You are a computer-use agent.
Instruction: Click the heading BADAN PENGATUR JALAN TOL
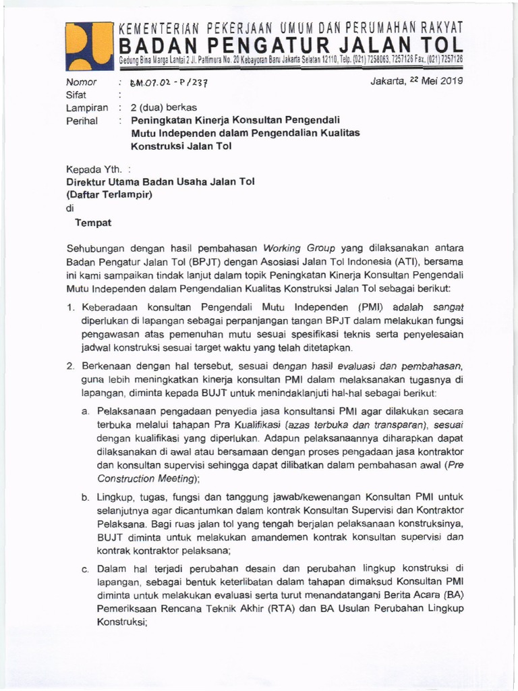pos(291,45)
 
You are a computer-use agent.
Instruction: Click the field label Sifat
pos(76,95)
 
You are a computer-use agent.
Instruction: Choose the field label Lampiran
pos(86,108)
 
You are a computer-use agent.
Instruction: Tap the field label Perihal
pos(82,121)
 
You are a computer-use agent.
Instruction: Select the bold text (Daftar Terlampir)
pos(110,195)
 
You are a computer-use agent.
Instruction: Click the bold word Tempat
pos(93,223)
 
